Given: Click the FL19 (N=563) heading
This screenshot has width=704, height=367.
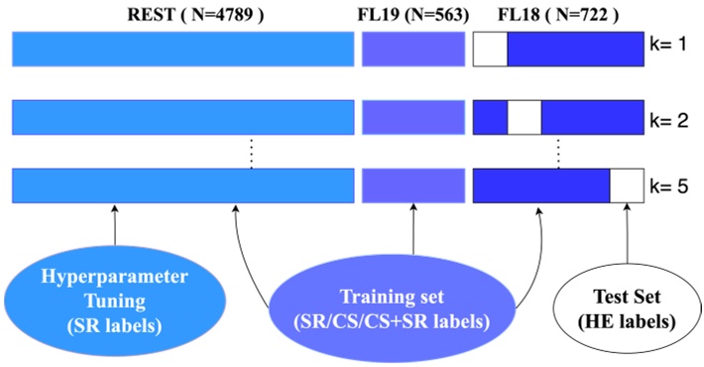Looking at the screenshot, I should (x=411, y=14).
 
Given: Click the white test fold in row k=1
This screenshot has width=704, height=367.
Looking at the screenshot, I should (x=490, y=49).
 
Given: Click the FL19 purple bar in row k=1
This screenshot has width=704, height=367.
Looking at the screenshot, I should (x=412, y=49).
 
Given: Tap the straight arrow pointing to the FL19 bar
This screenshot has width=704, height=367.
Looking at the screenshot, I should (x=412, y=233).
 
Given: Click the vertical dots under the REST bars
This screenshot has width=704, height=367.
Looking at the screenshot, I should (x=252, y=153).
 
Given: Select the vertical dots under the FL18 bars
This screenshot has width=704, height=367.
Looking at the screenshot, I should (x=559, y=153).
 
